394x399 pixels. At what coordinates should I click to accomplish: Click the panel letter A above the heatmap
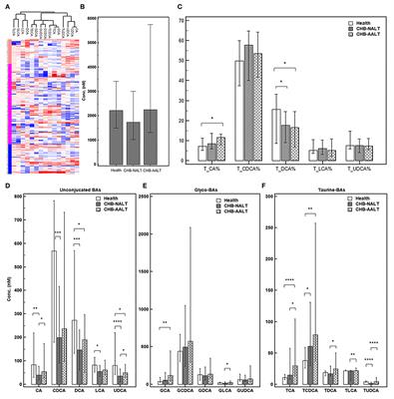click(6, 6)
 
